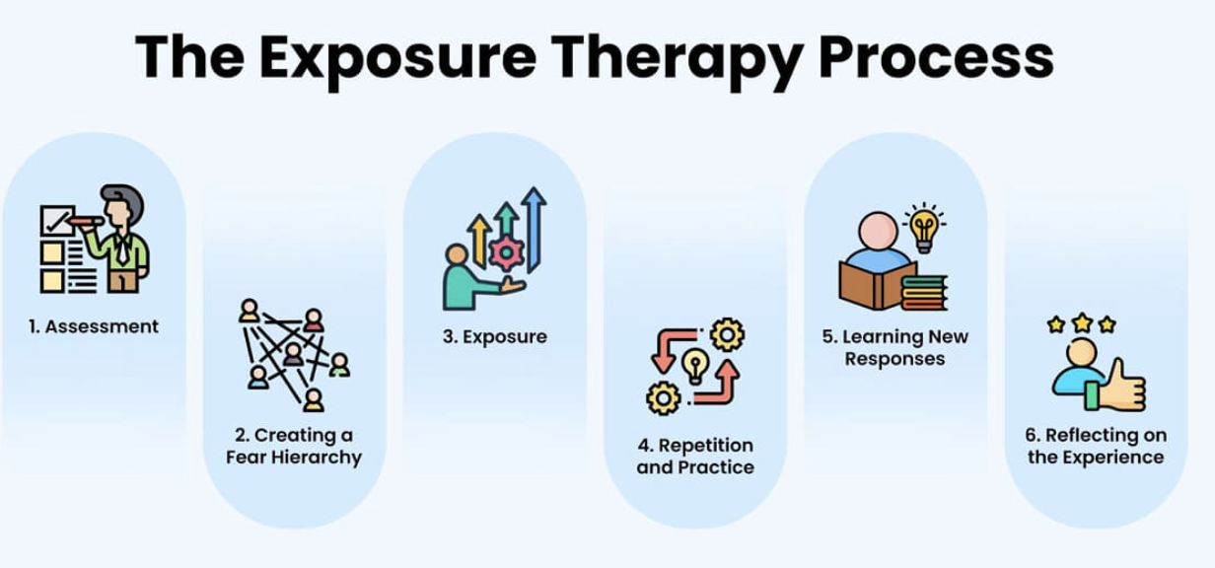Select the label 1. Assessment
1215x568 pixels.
(x=94, y=326)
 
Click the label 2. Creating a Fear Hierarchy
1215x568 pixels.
(x=294, y=446)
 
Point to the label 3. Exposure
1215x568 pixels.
(x=494, y=336)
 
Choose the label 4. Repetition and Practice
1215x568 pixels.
(x=694, y=456)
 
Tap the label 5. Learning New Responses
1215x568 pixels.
(x=895, y=347)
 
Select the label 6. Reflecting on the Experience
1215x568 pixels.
(x=1096, y=446)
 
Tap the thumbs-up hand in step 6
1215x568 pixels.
(x=1122, y=387)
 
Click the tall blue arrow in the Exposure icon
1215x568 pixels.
(x=536, y=227)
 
